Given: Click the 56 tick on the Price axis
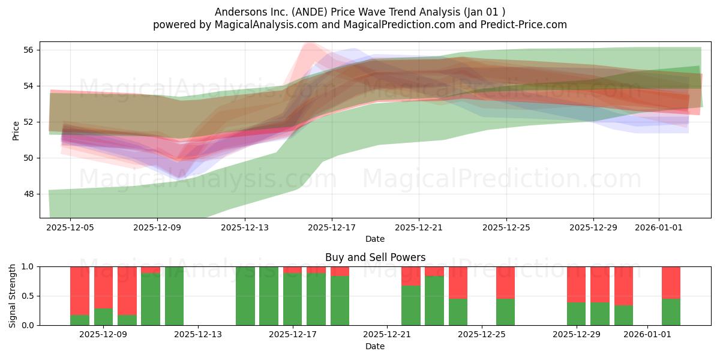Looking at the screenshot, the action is (x=28, y=50).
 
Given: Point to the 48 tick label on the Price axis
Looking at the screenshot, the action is (x=28, y=194).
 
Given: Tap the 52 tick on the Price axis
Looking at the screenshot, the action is (x=28, y=122).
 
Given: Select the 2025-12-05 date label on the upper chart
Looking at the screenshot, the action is (x=70, y=228).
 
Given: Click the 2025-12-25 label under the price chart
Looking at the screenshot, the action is (x=506, y=228).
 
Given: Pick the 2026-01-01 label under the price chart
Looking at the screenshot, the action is (x=659, y=228).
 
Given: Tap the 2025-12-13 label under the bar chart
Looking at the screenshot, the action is (x=198, y=335).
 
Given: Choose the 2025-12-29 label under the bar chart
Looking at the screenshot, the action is (x=577, y=335).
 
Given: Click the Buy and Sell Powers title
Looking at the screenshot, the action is (x=375, y=257).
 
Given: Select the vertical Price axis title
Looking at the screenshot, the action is (x=16, y=131).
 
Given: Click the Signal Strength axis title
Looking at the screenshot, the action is (x=12, y=296).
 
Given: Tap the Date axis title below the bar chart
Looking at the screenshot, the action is (x=375, y=347).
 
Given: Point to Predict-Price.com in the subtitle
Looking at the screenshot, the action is (x=524, y=25).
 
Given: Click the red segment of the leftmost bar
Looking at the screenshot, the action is (x=80, y=291).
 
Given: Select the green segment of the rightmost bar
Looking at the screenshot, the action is (x=671, y=312).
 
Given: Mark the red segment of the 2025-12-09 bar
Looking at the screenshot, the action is (x=103, y=287).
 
